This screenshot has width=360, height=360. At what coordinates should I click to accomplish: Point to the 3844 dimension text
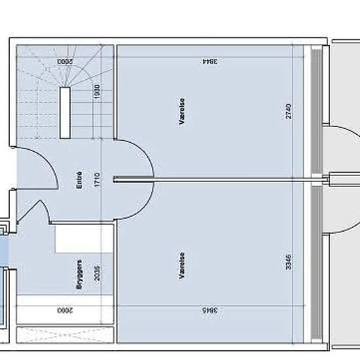coord(209,62)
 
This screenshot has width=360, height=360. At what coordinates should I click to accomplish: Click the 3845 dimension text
coord(209,310)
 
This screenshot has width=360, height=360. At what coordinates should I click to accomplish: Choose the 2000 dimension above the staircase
coord(64,62)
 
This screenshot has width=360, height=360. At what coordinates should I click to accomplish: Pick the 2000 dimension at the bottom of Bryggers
coord(64,310)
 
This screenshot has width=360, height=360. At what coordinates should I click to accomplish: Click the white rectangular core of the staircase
coord(65,111)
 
